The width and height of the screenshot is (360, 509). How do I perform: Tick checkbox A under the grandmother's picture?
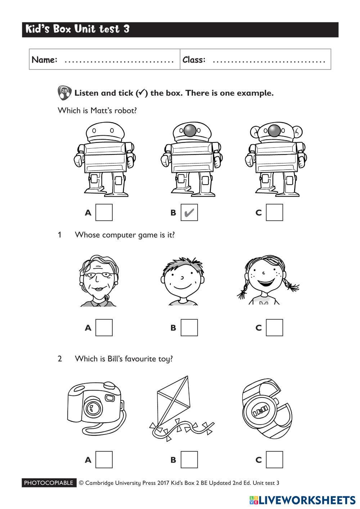104,328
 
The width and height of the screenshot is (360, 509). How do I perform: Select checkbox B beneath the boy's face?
189,328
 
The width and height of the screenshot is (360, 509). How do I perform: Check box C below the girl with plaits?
274,328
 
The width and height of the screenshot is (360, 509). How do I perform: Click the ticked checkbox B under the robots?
189,212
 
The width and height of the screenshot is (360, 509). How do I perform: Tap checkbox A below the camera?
104,460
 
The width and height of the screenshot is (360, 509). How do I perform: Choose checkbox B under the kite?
189,460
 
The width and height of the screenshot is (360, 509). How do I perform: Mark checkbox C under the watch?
274,460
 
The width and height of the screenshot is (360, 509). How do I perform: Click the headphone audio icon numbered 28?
64,93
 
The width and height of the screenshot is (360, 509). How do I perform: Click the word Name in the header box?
44,60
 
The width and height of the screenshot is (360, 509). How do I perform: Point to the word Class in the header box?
194,60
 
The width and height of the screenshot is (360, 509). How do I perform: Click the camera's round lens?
93,407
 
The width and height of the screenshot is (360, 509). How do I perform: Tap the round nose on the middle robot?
190,131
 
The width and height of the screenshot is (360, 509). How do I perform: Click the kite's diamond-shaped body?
174,400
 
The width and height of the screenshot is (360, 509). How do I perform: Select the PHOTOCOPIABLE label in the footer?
49,483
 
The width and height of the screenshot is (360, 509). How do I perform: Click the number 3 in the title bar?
127,29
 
